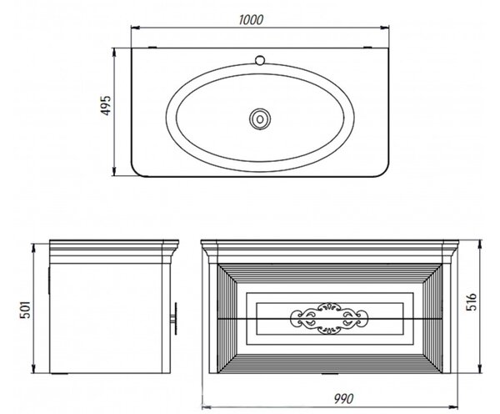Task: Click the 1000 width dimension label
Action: click(252, 20)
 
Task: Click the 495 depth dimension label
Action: click(106, 105)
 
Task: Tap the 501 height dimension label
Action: click(25, 309)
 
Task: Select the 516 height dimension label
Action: click(471, 301)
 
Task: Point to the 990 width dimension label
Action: click(343, 399)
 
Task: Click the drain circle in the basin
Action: click(260, 119)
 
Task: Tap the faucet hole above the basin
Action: click(261, 60)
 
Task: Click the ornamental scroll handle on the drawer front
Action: click(329, 319)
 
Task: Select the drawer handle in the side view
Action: click(174, 318)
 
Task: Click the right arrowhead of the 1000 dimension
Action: click(384, 28)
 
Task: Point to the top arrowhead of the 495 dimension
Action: click(114, 53)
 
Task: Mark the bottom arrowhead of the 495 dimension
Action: click(114, 171)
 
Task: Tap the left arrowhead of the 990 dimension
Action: click(207, 407)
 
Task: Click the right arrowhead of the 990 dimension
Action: click(453, 407)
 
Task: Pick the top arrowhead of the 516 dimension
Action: click(480, 245)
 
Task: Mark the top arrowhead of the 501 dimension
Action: click(32, 248)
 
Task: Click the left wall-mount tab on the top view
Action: click(152, 48)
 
